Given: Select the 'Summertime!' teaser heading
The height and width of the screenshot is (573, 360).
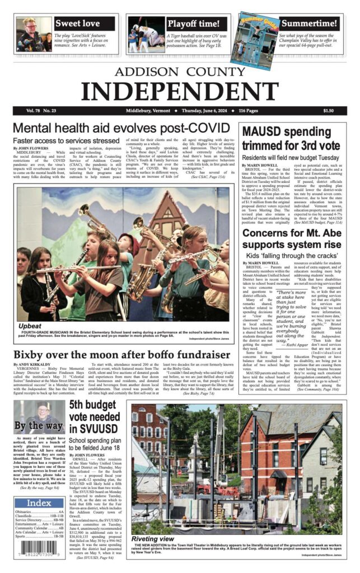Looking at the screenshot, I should [x=308, y=24].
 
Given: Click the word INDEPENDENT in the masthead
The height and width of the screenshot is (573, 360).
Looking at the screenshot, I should [x=179, y=90].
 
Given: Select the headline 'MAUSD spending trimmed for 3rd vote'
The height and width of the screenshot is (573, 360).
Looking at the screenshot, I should [x=291, y=138].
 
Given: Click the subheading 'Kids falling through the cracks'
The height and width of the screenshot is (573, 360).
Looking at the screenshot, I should [x=291, y=255].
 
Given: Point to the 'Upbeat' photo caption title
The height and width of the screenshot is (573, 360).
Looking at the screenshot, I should [x=30, y=325].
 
